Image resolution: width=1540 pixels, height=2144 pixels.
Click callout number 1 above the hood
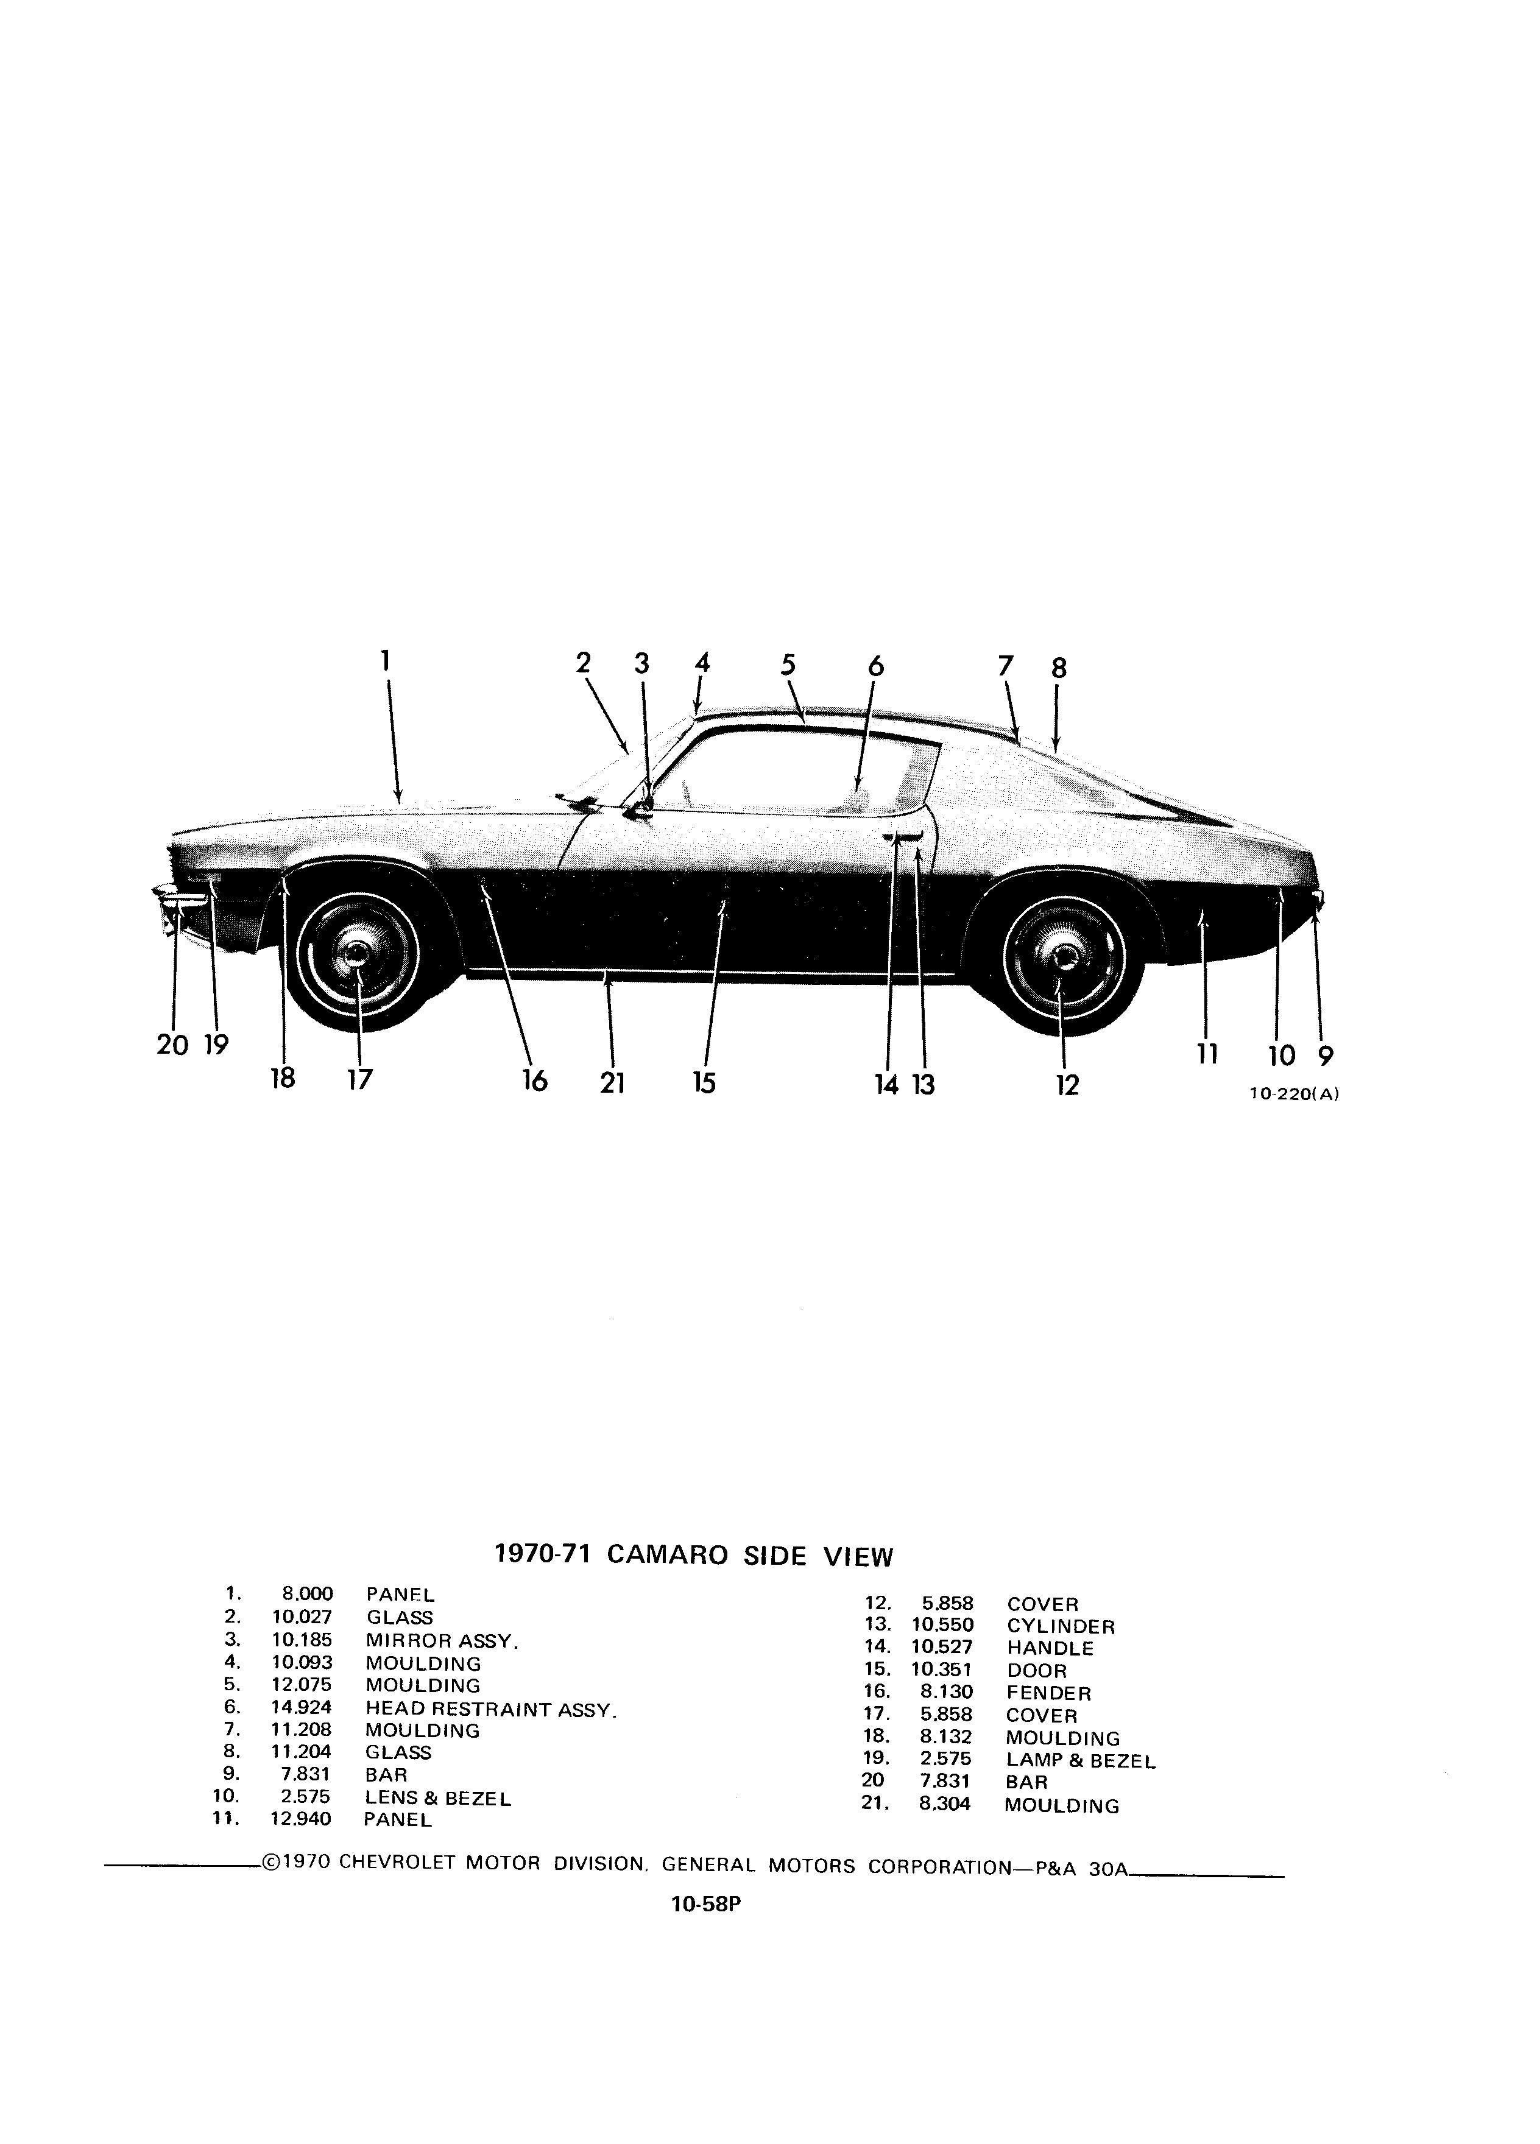tap(386, 660)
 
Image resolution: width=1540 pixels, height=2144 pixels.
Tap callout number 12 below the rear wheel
tap(1067, 1085)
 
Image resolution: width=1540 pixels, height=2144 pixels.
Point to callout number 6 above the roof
tap(875, 666)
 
